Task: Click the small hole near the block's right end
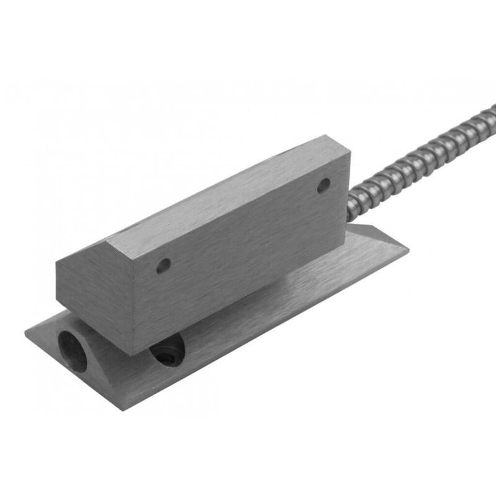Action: click(x=324, y=185)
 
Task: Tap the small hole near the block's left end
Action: click(x=163, y=267)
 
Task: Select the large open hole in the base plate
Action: click(x=73, y=351)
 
